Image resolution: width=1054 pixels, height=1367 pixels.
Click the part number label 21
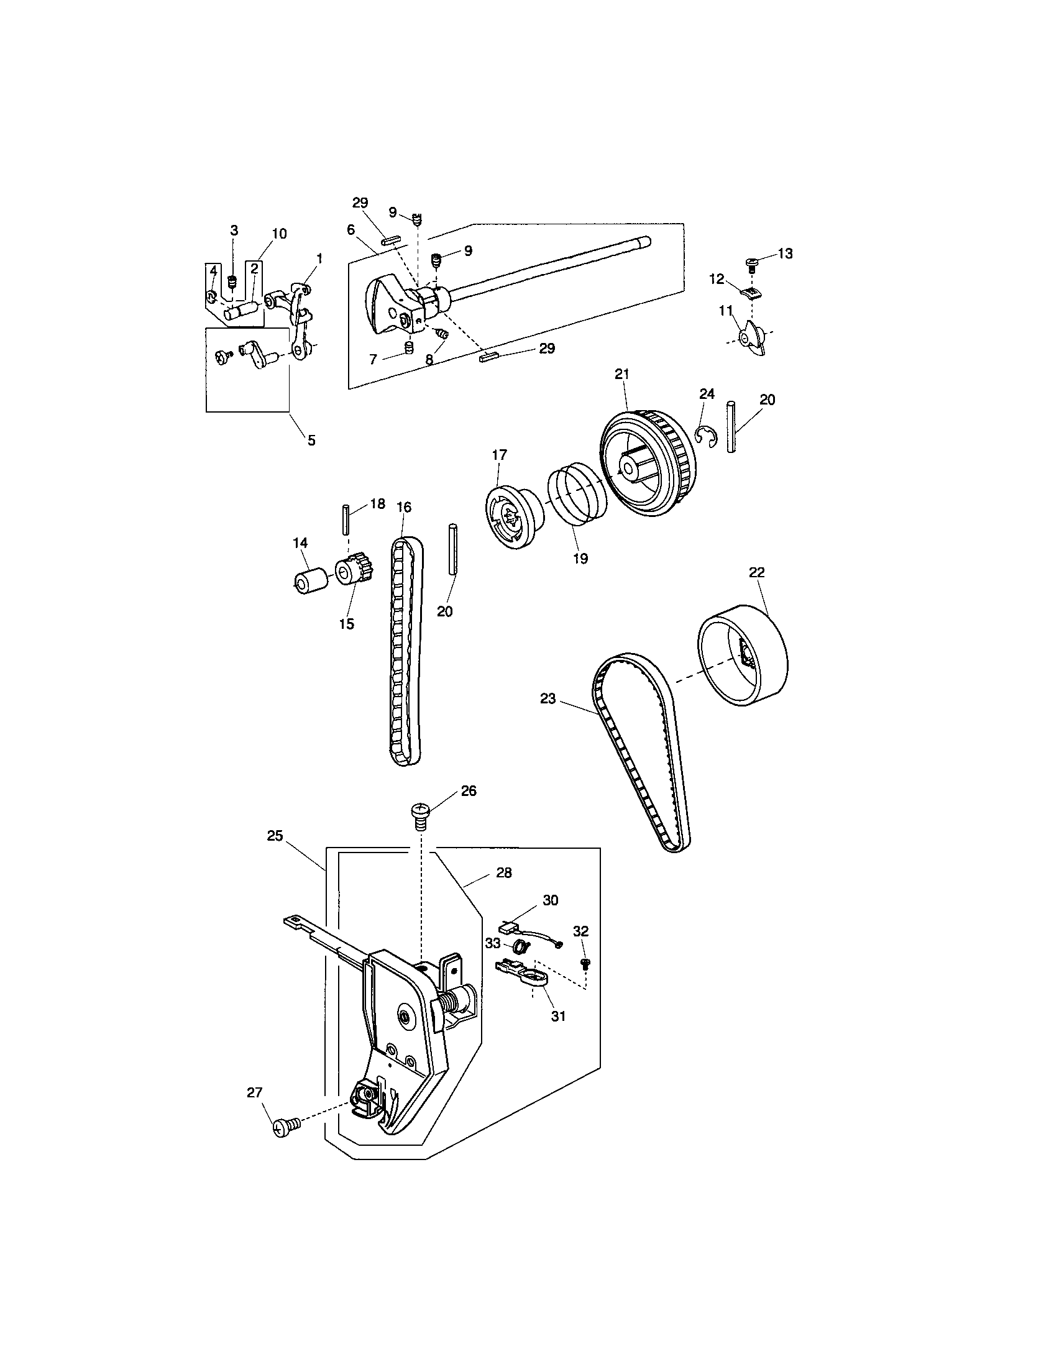621,373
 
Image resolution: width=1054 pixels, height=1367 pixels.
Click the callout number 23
548,698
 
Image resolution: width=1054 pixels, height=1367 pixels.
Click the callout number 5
311,440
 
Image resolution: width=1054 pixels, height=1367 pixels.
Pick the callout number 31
557,1017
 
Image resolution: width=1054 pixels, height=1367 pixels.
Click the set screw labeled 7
409,347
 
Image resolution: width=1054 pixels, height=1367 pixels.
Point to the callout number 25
275,836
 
